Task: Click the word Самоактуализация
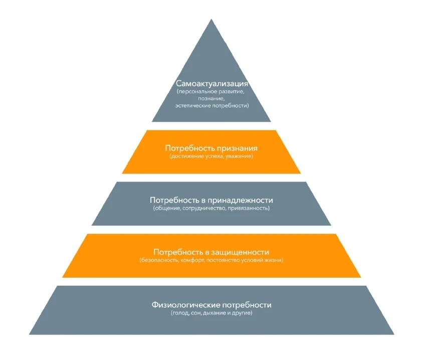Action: click(x=211, y=83)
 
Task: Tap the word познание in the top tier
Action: click(x=210, y=98)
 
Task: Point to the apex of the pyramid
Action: click(x=211, y=19)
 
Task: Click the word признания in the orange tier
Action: click(x=236, y=148)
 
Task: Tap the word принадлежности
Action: click(x=241, y=200)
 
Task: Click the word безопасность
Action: click(x=159, y=260)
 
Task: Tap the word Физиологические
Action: click(x=186, y=305)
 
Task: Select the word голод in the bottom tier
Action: click(x=180, y=313)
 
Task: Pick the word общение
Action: click(x=167, y=208)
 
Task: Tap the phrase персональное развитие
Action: click(x=210, y=91)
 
